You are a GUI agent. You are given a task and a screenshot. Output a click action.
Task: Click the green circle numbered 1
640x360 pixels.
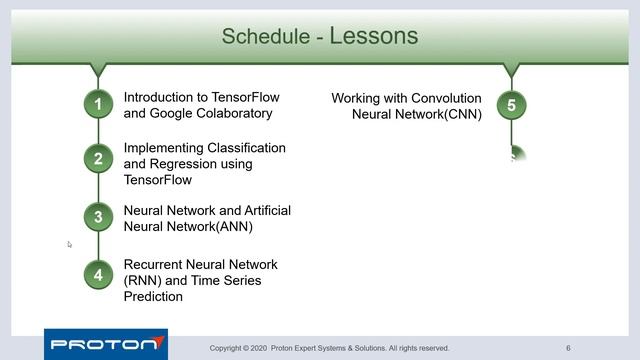pos(98,104)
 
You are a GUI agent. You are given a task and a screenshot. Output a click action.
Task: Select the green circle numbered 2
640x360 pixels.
pos(98,159)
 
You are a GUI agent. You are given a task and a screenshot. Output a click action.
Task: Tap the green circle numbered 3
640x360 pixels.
pos(98,216)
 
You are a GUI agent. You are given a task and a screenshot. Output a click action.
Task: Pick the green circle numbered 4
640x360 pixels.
pos(98,275)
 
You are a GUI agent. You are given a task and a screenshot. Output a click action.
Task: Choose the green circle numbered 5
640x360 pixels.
pos(511,104)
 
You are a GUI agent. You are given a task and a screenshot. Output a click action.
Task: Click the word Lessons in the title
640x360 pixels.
pos(373,37)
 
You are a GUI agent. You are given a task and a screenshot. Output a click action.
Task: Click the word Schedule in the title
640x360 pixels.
pos(264,38)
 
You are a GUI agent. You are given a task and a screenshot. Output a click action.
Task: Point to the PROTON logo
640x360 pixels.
pos(105,344)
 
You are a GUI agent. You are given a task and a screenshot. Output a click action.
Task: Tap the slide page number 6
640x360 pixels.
pos(568,348)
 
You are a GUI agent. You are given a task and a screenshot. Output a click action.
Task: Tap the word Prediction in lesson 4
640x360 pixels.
pos(154,297)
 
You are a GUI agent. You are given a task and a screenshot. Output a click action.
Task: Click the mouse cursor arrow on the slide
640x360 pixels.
pos(70,244)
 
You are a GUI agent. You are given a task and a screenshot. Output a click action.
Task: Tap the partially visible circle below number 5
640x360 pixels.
pos(514,157)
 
